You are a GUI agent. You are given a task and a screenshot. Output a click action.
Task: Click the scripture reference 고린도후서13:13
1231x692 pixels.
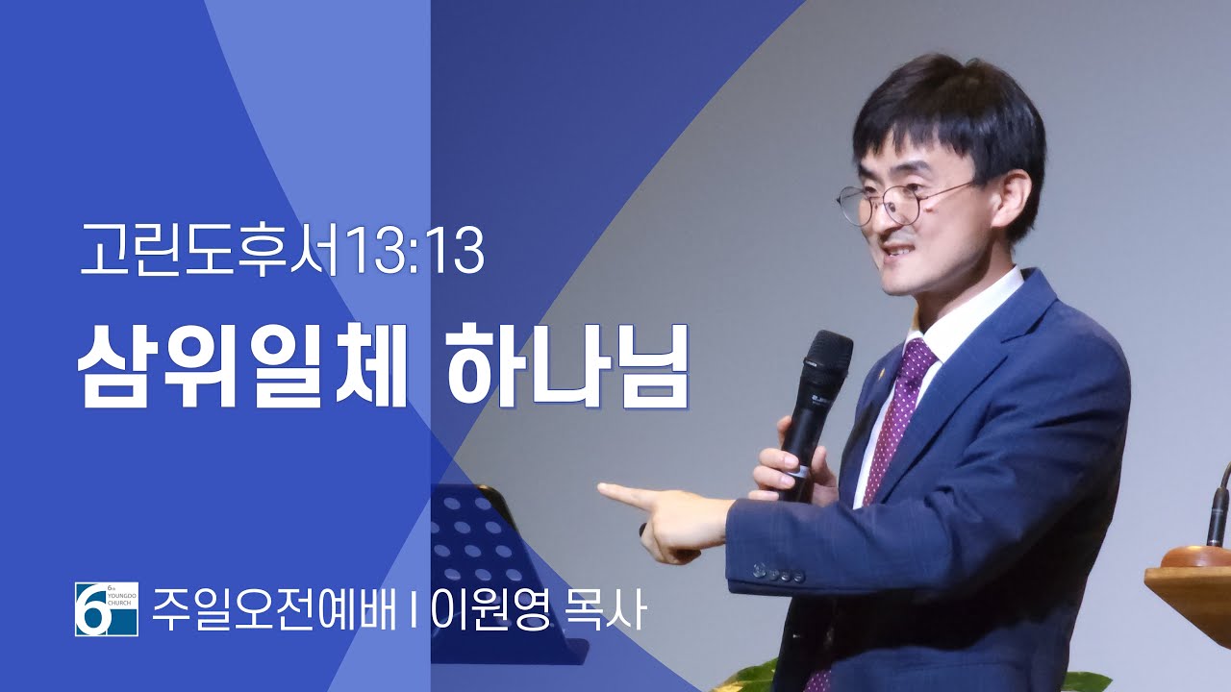tap(283, 251)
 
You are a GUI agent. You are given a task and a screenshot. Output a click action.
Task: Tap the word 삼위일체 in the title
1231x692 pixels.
tap(242, 365)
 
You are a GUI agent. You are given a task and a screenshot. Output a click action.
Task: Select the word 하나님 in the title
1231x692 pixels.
tap(567, 365)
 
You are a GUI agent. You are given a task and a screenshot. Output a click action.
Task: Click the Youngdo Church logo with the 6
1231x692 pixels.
tap(107, 609)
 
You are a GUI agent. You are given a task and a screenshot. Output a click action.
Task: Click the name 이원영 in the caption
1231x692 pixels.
tap(490, 610)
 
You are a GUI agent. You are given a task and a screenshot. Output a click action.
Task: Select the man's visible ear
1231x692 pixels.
tap(1010, 198)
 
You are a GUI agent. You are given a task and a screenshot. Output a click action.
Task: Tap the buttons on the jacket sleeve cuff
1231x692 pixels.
tap(779, 573)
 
